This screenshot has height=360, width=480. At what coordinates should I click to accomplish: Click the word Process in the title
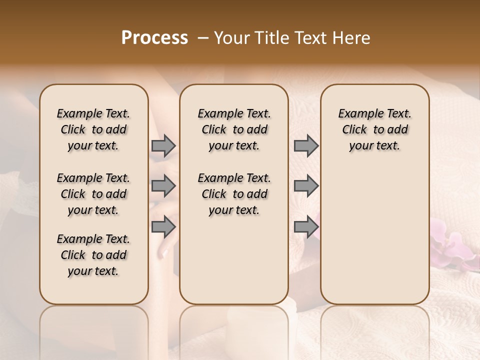click(154, 38)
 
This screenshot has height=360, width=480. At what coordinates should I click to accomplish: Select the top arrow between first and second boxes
click(163, 146)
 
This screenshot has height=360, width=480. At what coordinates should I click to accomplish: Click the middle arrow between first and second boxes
click(163, 186)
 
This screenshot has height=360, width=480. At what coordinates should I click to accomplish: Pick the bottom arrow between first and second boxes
click(163, 227)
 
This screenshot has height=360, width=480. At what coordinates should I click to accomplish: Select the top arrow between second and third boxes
click(306, 146)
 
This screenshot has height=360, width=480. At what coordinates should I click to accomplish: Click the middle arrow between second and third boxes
click(306, 186)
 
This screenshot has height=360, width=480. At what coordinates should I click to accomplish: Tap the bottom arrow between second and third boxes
click(306, 227)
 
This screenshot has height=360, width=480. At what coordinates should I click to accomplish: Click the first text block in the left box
click(93, 129)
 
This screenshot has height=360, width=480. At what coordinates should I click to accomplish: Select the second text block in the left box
click(93, 194)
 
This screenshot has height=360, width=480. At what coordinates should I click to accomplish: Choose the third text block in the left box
click(93, 255)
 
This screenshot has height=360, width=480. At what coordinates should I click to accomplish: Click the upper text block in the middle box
click(234, 129)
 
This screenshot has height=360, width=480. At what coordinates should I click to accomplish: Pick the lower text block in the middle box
click(234, 194)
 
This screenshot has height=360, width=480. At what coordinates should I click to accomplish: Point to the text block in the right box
click(374, 129)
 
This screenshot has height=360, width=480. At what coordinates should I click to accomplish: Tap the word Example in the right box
click(356, 114)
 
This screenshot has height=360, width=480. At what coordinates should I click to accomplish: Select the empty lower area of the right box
click(374, 230)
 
